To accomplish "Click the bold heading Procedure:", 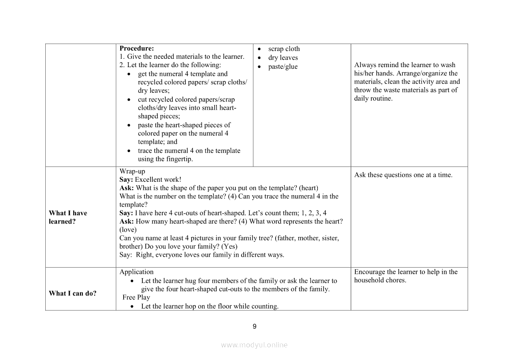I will pyautogui.click(x=137, y=48).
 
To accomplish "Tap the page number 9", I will pyautogui.click(x=255, y=326).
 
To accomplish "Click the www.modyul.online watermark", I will pyautogui.click(x=254, y=345).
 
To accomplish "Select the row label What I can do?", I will pyautogui.click(x=73, y=293).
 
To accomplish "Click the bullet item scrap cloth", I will pyautogui.click(x=284, y=49).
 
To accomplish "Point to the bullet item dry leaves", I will pyautogui.click(x=283, y=58).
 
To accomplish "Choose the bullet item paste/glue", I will pyautogui.click(x=283, y=67).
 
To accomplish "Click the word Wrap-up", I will pyautogui.click(x=132, y=171).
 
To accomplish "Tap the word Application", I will pyautogui.click(x=137, y=272).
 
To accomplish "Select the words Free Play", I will pyautogui.click(x=136, y=297).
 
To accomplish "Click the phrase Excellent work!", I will pyautogui.click(x=158, y=180).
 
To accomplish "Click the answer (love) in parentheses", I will pyautogui.click(x=128, y=230).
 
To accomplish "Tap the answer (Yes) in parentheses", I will pyautogui.click(x=229, y=246).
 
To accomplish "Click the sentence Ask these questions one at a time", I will pyautogui.click(x=403, y=175).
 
